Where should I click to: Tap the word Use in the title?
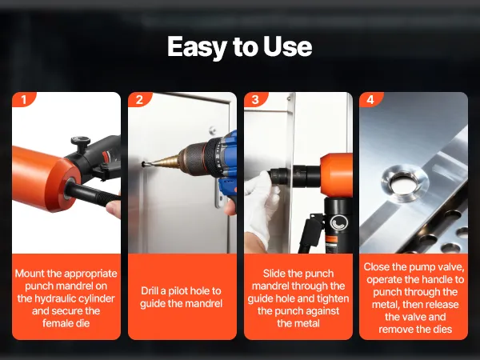(x=287, y=47)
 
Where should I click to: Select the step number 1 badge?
(x=23, y=99)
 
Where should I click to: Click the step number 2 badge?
(x=139, y=99)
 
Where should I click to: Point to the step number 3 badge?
(x=255, y=99)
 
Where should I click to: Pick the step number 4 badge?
(x=370, y=99)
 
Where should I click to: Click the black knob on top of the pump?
(x=81, y=144)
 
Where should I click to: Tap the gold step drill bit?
(x=166, y=161)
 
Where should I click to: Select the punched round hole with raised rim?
(x=405, y=183)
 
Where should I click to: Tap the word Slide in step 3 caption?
(x=273, y=274)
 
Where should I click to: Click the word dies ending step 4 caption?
(x=442, y=330)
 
